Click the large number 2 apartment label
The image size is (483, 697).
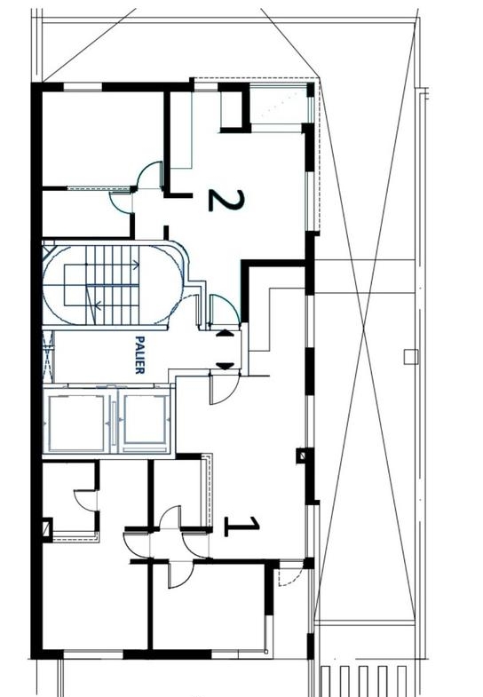pyautogui.click(x=226, y=200)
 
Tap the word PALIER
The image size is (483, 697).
pyautogui.click(x=139, y=355)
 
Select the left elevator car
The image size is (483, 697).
pyautogui.click(x=76, y=422)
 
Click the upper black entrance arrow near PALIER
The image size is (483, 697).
pyautogui.click(x=225, y=333)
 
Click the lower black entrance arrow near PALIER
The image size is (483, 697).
pyautogui.click(x=225, y=367)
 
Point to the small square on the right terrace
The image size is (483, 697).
pyautogui.click(x=411, y=357)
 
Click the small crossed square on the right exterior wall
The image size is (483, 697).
pyautogui.click(x=302, y=455)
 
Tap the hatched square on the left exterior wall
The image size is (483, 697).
pyautogui.click(x=47, y=529)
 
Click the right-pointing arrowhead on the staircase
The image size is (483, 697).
pyautogui.click(x=136, y=265)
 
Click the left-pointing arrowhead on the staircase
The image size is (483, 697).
pyautogui.click(x=99, y=305)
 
